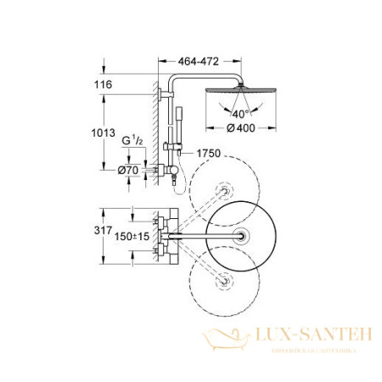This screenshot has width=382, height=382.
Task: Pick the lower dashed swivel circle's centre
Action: pos(225,280)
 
